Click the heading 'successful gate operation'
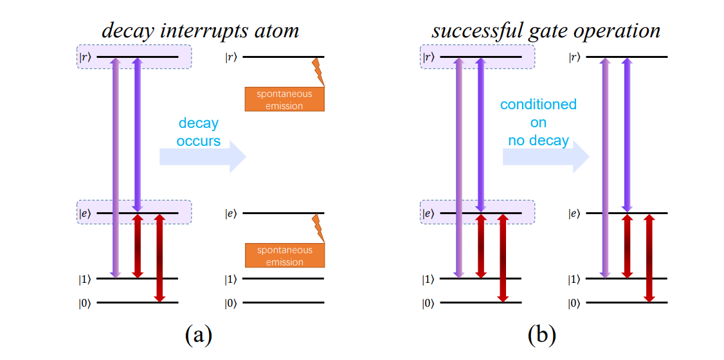pos(546,30)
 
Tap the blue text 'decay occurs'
pos(199,132)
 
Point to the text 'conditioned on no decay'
pos(538,122)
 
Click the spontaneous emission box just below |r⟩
pos(284,100)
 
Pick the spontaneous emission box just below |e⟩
pos(284,256)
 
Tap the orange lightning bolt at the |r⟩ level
pos(318,71)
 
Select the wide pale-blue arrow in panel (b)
pos(546,156)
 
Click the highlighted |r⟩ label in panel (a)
pos(86,57)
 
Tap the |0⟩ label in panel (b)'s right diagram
pos(574,303)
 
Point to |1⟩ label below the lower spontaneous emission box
pos(231,280)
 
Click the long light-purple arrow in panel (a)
pos(115,167)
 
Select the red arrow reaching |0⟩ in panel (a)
pos(159,257)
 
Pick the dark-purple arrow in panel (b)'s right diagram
pos(628,135)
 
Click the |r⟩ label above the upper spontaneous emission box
pos(231,57)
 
